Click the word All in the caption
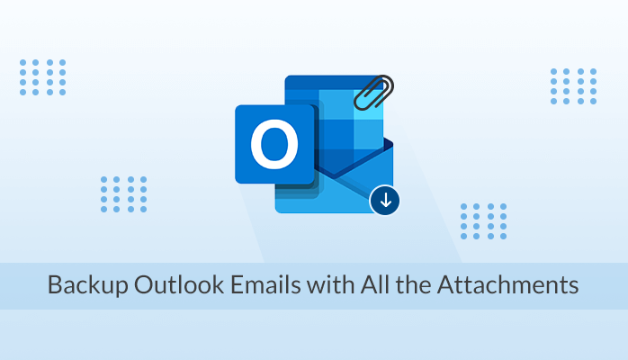click(x=377, y=287)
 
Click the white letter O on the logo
click(x=274, y=145)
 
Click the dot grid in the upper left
click(x=41, y=77)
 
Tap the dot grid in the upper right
click(x=572, y=85)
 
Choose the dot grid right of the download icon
click(x=482, y=220)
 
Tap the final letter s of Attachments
click(x=574, y=287)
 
